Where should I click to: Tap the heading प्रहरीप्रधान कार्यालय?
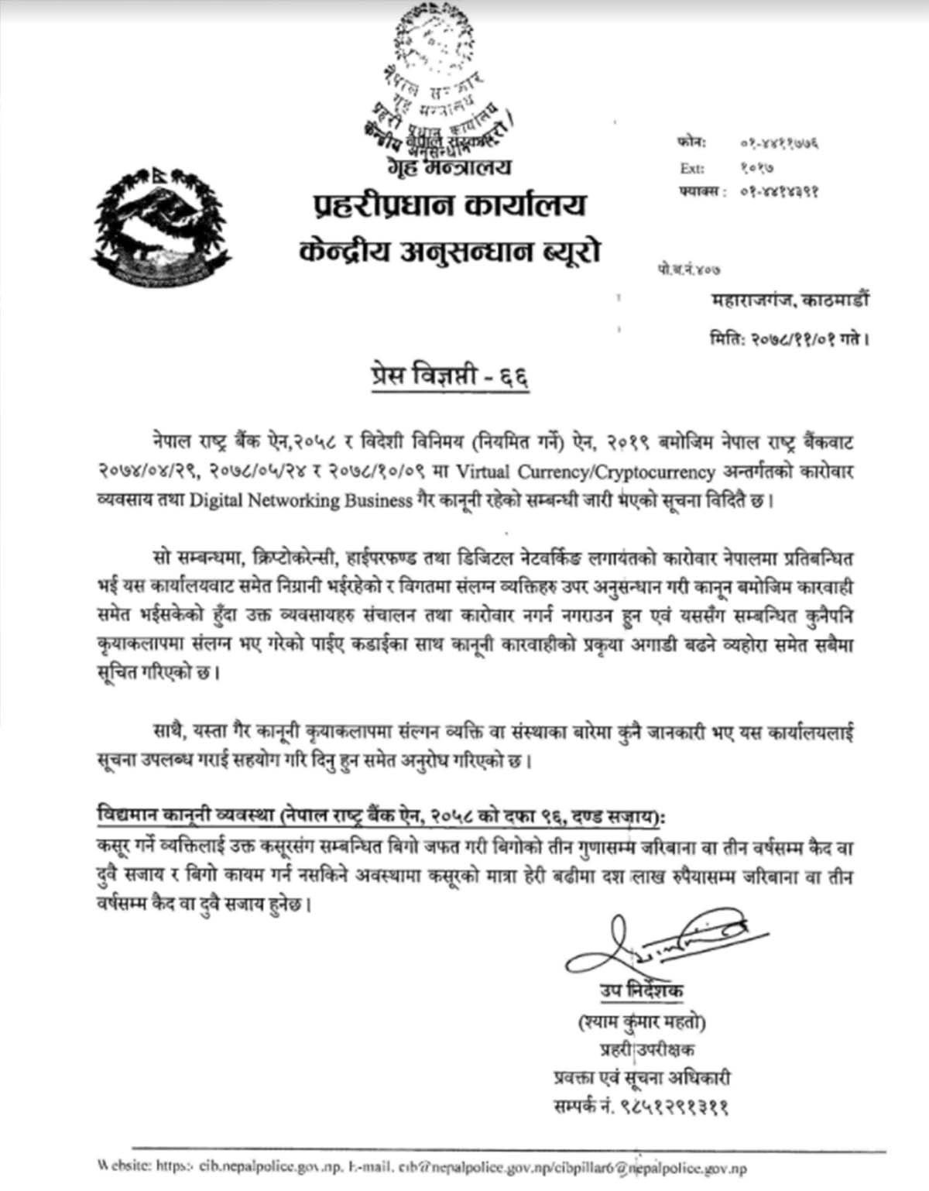coord(450,206)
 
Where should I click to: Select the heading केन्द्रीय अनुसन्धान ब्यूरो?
coord(449,252)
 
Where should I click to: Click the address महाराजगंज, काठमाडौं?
coord(789,300)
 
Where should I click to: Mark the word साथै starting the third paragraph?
coord(168,732)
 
